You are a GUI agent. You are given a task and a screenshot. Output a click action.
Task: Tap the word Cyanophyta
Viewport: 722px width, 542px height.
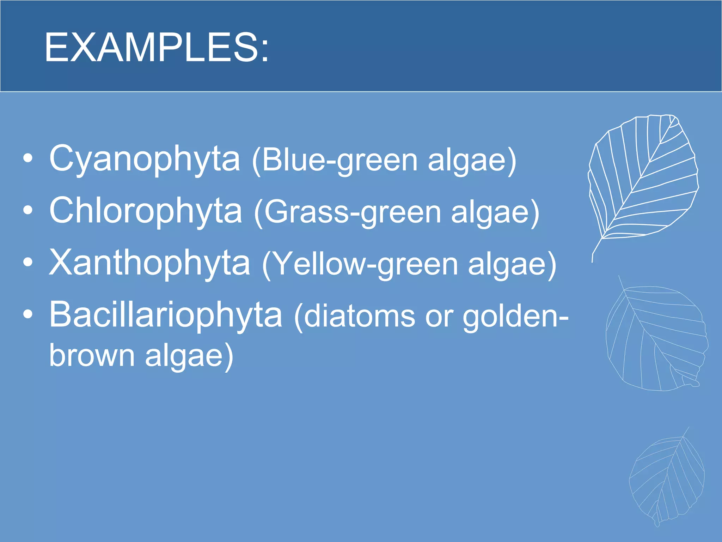[145, 159]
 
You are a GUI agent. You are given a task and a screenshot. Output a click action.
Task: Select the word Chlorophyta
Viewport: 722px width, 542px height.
[146, 211]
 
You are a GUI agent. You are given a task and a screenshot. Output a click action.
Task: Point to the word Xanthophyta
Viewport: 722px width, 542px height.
[149, 263]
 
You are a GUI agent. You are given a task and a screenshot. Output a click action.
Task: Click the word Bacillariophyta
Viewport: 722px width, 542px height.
[165, 314]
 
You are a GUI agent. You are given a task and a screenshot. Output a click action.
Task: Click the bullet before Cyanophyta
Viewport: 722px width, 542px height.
[28, 158]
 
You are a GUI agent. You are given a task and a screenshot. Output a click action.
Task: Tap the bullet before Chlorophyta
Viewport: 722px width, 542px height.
[28, 210]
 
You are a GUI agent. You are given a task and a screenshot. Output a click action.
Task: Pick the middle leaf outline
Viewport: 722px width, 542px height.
[656, 339]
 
